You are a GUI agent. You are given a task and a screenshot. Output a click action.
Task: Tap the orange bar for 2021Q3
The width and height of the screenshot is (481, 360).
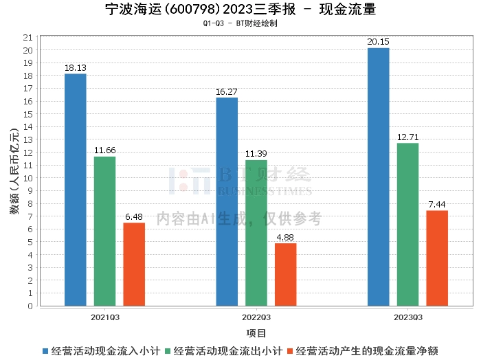coord(134,265)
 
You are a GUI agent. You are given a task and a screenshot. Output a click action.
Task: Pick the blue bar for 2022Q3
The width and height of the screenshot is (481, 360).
coord(227,202)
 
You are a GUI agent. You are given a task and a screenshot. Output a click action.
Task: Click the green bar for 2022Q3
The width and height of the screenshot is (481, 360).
coord(256,233)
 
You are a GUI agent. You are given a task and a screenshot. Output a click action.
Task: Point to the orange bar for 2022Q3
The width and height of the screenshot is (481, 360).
coord(286,275)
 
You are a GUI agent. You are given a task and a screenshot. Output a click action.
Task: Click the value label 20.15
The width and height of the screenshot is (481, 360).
coord(379,42)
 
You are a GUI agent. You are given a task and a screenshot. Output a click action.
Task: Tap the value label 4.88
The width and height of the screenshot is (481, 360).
coord(286,238)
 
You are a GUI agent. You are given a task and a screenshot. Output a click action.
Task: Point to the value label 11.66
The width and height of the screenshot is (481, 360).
coord(104,150)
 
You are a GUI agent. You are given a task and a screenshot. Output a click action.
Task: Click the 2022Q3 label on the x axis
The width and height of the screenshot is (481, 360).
coord(256,317)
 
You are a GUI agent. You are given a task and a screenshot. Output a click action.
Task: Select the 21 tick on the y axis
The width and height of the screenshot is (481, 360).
coord(28,37)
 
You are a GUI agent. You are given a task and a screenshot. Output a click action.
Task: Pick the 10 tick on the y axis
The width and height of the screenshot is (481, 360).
coord(28,178)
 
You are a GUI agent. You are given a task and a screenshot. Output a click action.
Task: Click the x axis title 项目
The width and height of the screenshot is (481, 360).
coord(256,333)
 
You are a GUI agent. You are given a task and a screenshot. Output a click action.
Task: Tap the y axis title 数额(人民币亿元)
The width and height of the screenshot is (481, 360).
coord(13,171)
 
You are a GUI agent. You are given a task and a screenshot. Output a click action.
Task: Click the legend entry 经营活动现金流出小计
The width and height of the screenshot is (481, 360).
coord(223,350)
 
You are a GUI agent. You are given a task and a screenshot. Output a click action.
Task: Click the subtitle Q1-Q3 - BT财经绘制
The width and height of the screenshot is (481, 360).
coord(240,23)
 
